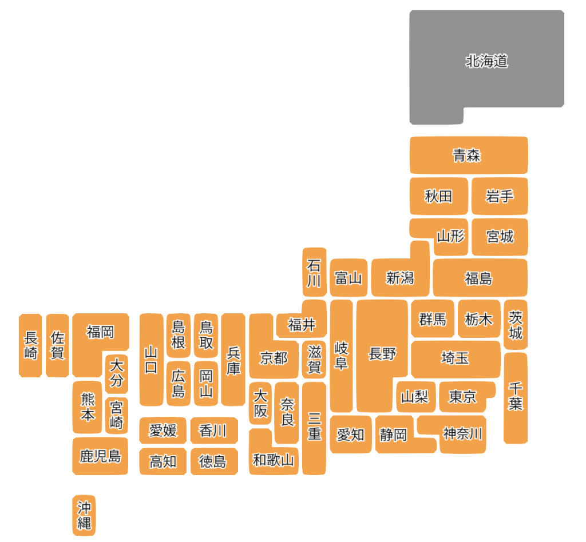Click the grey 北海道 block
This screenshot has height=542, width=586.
[486, 62]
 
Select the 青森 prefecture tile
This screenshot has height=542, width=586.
[468, 156]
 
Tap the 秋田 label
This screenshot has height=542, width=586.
[438, 196]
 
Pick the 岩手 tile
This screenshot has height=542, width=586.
[499, 196]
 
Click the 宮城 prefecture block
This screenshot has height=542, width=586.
[500, 236]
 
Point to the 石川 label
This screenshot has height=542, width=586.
[314, 273]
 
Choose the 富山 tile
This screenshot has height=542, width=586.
[349, 278]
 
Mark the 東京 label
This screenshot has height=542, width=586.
[462, 396]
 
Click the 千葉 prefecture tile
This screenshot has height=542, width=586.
[516, 397]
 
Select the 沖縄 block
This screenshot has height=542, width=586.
[84, 515]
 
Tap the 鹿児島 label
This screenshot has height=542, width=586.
[100, 456]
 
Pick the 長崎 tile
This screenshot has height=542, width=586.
[30, 345]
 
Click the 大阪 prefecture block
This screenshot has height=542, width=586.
[260, 403]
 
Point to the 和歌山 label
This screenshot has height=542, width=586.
[274, 459]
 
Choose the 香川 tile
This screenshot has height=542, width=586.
[213, 431]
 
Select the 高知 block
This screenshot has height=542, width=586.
[163, 461]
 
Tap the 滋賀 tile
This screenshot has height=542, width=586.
[314, 359]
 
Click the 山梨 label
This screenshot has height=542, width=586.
[415, 396]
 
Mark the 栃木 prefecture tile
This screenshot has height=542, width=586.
[478, 319]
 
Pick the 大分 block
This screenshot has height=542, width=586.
[117, 372]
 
